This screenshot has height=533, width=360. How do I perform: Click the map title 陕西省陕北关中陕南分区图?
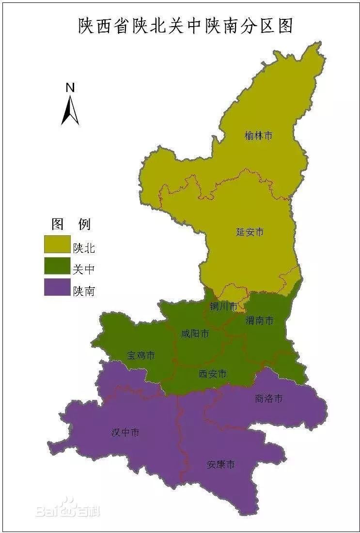coord(186,26)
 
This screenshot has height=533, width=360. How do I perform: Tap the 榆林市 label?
coord(258,136)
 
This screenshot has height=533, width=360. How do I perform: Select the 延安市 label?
coord(250,232)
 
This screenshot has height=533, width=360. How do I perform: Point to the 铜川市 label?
coord(223,306)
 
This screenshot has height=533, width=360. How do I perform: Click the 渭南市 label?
coord(259,320)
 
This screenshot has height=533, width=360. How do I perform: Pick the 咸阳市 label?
coord(195,334)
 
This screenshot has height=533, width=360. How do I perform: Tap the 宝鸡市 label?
coord(141,355)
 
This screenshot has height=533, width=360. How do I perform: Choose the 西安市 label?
coord(213,374)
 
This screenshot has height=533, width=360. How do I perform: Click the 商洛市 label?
coord(268,399)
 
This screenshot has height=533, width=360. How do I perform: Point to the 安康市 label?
coord(220,464)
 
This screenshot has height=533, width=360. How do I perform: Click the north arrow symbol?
coord(70,110)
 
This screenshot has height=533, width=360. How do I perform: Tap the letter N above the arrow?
coord(70,88)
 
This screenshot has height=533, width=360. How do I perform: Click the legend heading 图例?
coord(71,224)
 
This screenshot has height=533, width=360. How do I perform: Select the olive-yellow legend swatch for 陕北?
coord(57,245)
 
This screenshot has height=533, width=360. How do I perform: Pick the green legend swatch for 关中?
coord(57,266)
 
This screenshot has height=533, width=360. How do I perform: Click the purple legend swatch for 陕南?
coord(57,287)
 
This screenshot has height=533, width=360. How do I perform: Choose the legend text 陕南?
coord(84,291)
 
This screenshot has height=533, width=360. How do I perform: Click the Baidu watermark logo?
coord(68,509)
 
